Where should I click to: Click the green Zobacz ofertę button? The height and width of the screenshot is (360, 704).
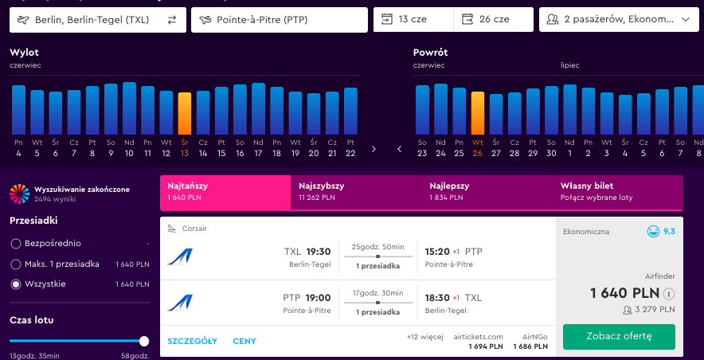pos(619,337)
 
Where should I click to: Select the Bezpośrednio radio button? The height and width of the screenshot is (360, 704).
pos(16,244)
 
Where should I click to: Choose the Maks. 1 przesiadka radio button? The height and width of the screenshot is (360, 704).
pos(16,264)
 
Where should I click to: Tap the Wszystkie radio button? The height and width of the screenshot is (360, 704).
pos(16,284)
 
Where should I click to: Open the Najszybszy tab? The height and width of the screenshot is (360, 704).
pos(356,192)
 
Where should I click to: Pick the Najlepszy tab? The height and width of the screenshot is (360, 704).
pos(487,192)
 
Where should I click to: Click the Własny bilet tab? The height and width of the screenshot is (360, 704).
pos(617,192)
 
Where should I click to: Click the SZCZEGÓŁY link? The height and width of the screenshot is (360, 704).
pos(192,341)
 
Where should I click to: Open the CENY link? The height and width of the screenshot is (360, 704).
pos(244,341)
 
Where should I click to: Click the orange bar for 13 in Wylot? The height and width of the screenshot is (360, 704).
pos(185,114)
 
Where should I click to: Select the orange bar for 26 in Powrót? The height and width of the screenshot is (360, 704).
pos(478,113)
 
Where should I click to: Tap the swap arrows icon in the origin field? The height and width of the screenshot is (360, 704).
pos(172,20)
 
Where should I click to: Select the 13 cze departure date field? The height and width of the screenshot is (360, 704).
pos(413,20)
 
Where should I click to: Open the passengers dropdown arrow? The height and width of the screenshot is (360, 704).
pos(685,20)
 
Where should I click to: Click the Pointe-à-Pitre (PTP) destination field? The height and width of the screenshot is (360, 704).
pos(280,20)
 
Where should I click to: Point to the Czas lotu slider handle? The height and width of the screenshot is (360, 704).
pos(144,341)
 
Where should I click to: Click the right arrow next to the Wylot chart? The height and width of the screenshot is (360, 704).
pos(374,149)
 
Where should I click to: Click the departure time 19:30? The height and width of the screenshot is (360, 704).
pos(319,252)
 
